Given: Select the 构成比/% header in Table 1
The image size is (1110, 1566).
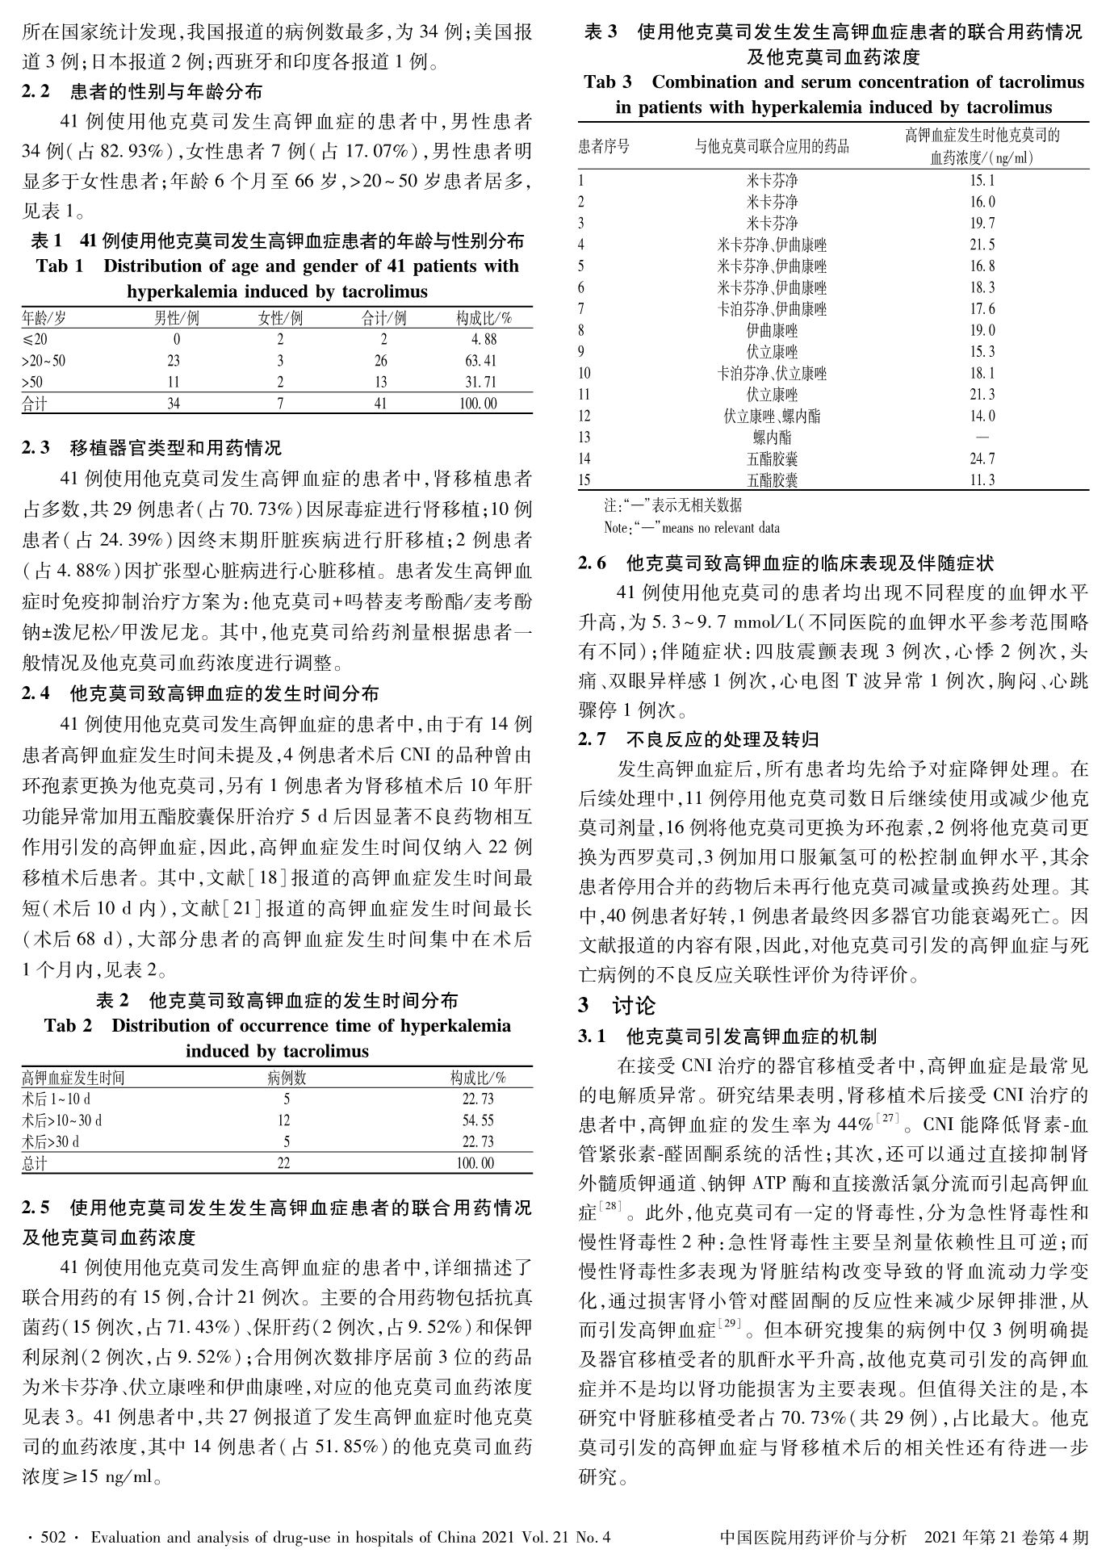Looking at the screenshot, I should [484, 318].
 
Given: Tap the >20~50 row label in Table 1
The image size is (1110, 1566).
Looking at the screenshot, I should [44, 361].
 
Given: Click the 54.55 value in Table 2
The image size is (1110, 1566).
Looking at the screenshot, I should [477, 1120].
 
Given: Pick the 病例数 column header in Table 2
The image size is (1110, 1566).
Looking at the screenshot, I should [287, 1078].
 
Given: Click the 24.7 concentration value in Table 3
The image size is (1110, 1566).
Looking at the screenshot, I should [982, 458].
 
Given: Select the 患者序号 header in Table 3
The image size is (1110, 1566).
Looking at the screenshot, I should [604, 146].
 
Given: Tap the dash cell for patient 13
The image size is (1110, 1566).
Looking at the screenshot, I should [982, 437].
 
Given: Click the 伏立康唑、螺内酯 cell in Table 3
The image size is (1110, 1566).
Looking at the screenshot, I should [772, 416].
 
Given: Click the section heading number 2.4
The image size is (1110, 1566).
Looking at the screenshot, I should [36, 693].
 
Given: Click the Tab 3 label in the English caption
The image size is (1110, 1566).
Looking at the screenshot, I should [608, 82].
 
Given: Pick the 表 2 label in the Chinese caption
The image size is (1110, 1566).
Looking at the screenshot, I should [113, 1001].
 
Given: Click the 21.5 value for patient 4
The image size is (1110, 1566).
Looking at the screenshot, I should [982, 245].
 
